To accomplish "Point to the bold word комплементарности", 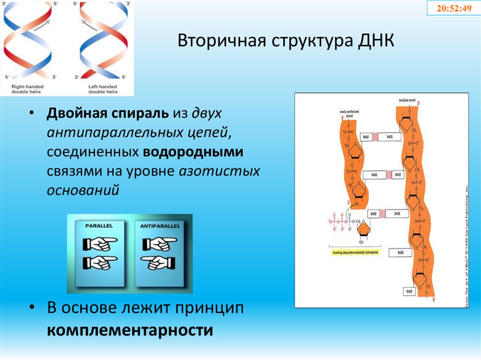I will pos(130,329).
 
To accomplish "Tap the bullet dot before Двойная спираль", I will pos(31,115).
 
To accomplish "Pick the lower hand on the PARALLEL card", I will pos(100,263).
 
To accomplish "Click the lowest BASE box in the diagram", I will pos(409,291).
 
